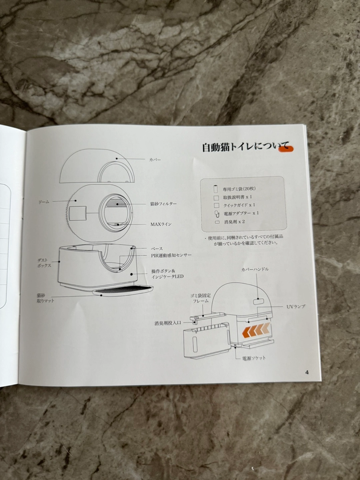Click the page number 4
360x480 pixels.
pos(307,372)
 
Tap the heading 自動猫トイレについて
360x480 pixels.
pos(246,147)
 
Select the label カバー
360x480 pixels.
pos(155,160)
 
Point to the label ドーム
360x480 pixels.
pos(44,202)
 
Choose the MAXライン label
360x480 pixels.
pos(161,224)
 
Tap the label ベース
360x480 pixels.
pos(157,249)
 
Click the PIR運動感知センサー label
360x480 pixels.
pos(171,255)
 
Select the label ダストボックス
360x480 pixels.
pos(44,263)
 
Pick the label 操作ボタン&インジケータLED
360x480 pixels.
pos(167,274)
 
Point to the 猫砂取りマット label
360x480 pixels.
pos(45,298)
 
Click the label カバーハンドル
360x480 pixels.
pos(255,269)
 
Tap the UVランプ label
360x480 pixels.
pos(296,307)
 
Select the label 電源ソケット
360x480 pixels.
pos(254,358)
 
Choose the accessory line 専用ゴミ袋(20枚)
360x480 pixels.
pos(239,189)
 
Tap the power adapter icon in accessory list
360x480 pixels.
pos(216,214)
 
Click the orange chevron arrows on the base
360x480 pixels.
pos(256,330)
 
